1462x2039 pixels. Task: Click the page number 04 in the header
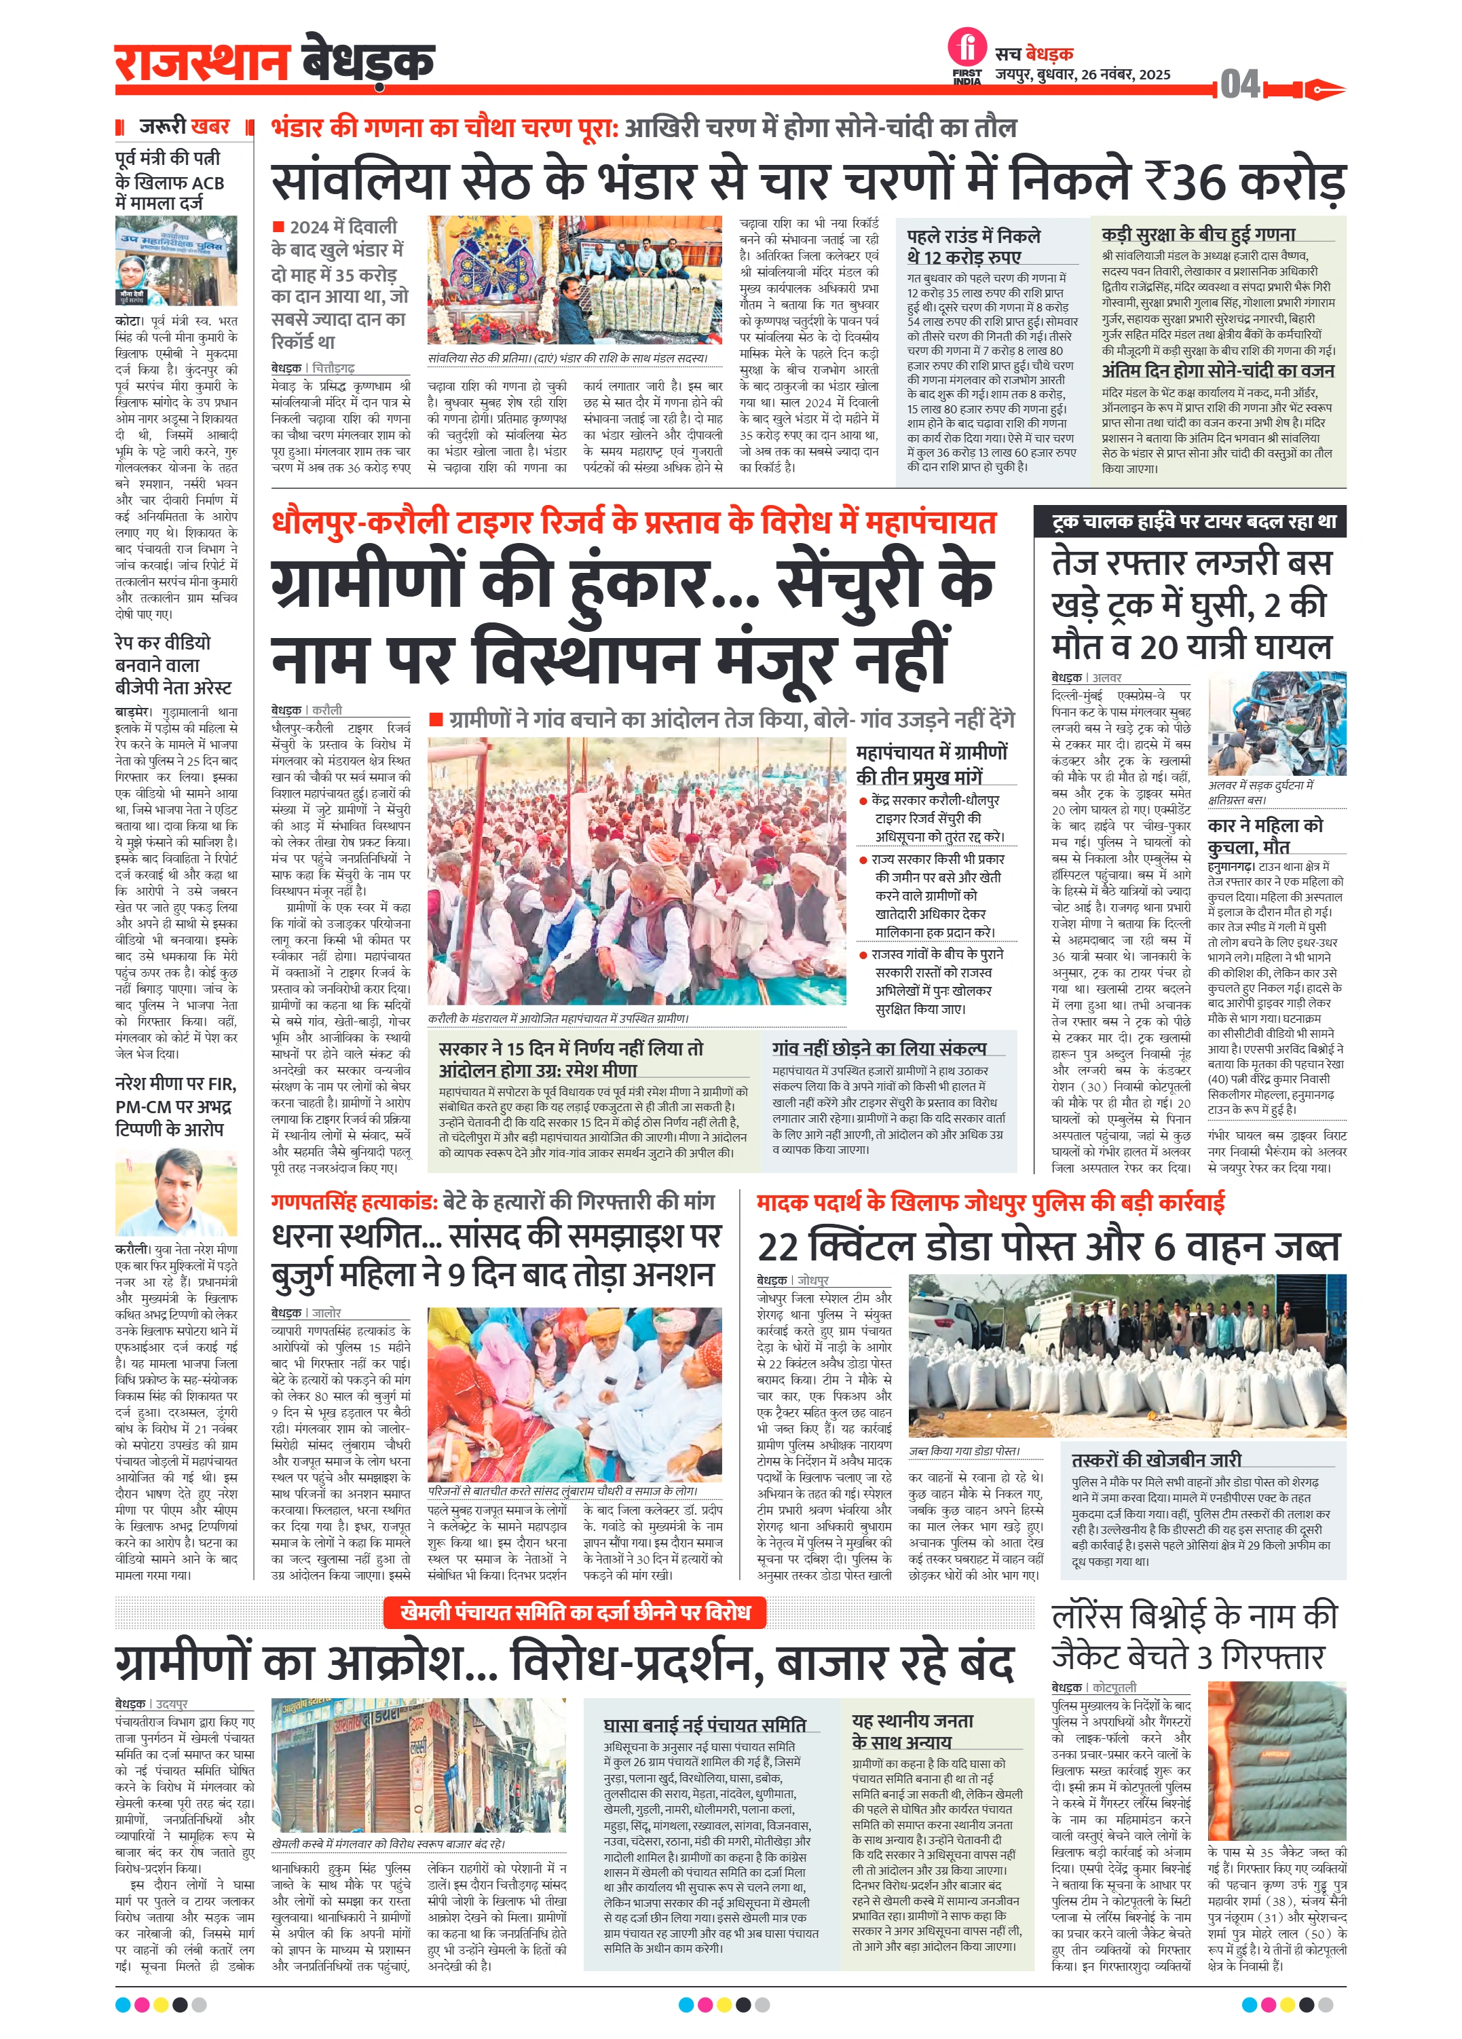point(1240,86)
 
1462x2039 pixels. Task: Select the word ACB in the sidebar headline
point(208,183)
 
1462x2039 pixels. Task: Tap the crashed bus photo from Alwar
point(1276,726)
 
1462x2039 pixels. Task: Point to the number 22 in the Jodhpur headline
point(779,1248)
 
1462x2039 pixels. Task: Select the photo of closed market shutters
point(419,1765)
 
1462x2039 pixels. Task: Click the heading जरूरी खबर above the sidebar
point(185,127)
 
